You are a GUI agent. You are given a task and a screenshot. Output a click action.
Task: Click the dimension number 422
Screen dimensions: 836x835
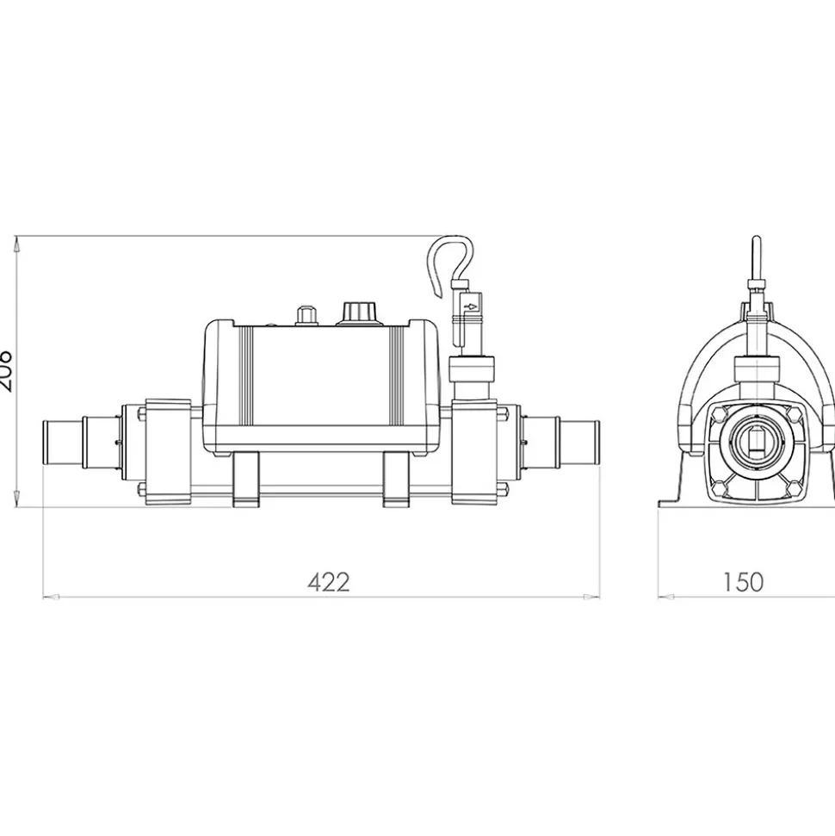point(329,583)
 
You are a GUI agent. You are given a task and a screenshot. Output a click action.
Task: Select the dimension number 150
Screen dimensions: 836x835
point(742,583)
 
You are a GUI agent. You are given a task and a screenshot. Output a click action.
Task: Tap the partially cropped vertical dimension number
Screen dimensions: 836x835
point(5,371)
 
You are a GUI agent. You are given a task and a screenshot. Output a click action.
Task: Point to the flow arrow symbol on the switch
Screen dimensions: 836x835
point(470,304)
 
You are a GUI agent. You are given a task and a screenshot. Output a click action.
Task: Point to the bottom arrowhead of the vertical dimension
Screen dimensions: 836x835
point(18,502)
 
